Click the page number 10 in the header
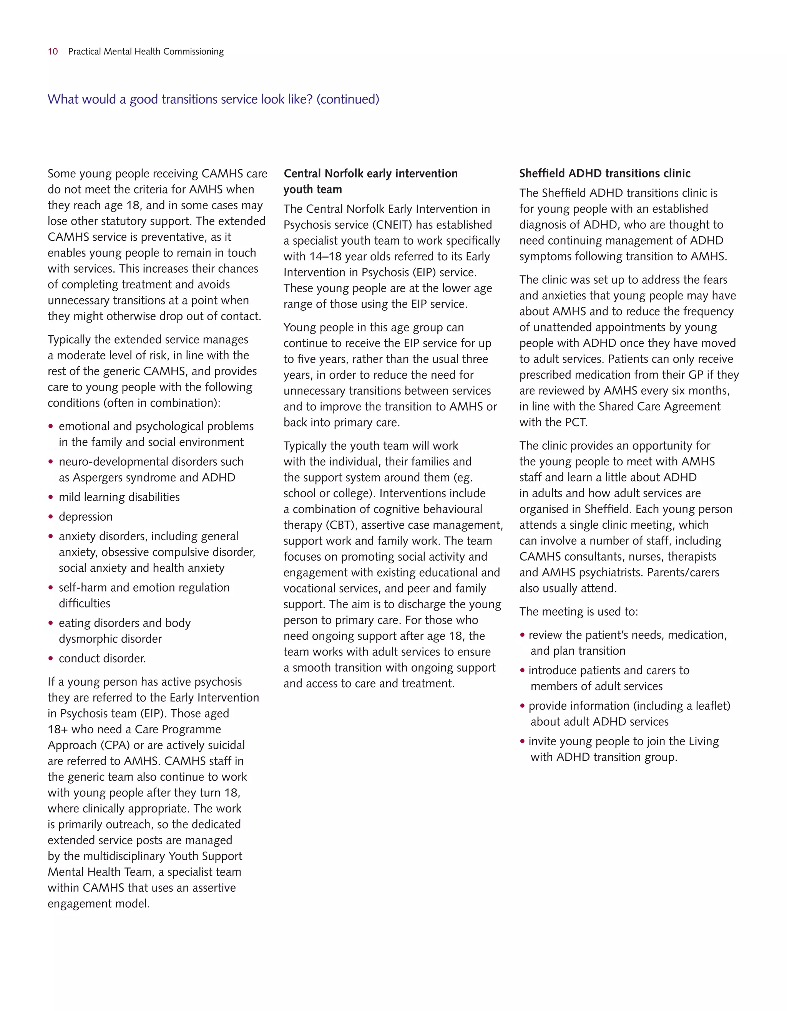[x=53, y=51]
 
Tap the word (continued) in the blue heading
[x=347, y=99]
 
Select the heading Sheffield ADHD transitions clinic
[x=604, y=174]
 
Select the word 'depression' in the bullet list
[x=86, y=516]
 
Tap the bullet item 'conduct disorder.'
[x=102, y=658]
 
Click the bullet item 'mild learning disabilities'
[x=119, y=497]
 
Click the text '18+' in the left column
[x=57, y=730]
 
